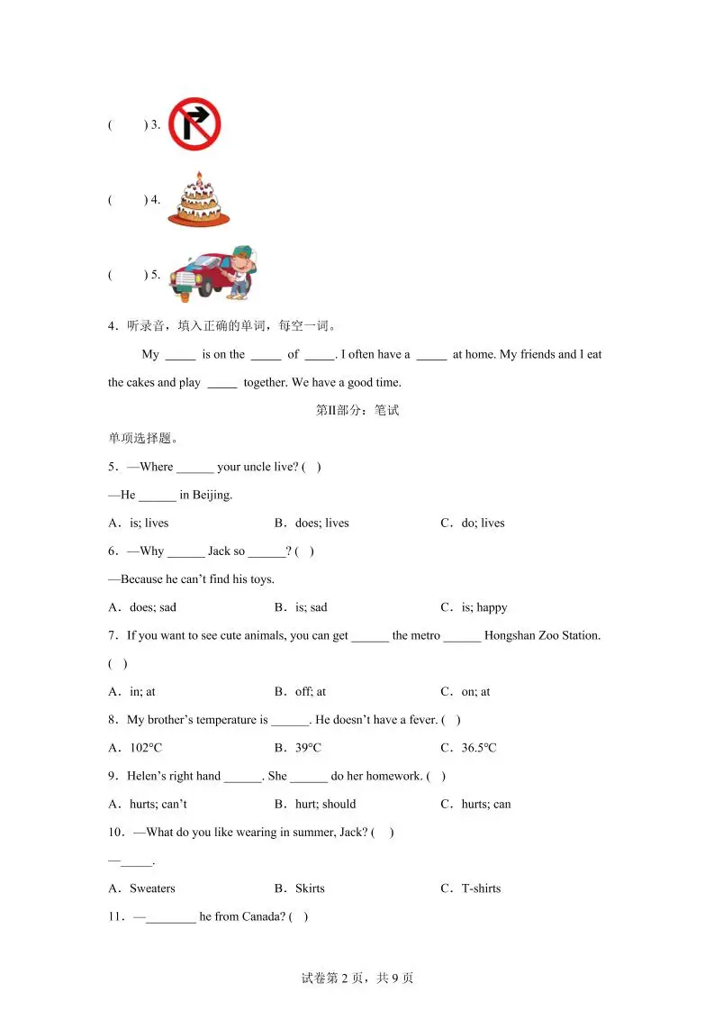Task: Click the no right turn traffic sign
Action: pos(194,123)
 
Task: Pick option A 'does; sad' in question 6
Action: pos(152,607)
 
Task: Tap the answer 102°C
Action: pos(146,748)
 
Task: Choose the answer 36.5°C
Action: pos(478,748)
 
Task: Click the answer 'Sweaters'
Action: pos(152,888)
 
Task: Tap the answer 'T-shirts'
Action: pos(481,888)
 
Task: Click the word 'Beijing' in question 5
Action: pos(212,495)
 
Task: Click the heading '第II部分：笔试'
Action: pos(357,410)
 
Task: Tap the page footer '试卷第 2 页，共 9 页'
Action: pos(357,978)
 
